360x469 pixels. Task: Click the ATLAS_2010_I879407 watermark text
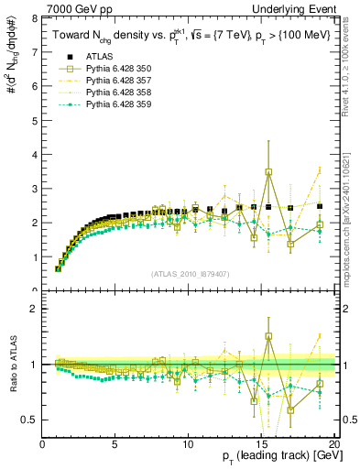pos(189,274)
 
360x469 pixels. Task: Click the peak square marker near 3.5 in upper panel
pos(268,171)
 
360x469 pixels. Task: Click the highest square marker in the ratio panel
pos(268,336)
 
